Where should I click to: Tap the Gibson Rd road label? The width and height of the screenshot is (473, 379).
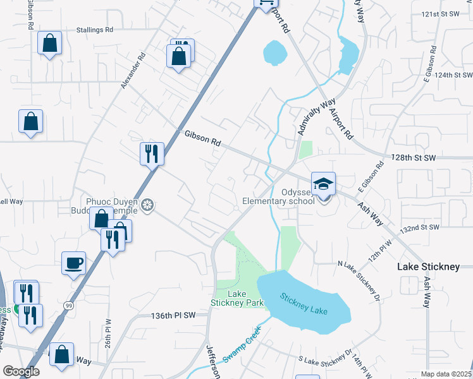tap(202, 138)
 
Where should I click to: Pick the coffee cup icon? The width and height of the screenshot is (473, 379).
tap(73, 262)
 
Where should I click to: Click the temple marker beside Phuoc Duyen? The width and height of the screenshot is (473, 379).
tap(148, 205)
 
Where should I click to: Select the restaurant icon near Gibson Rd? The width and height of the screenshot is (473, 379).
tap(152, 153)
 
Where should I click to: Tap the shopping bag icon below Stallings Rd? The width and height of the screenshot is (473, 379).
tap(49, 44)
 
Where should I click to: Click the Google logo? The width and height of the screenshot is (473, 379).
tap(21, 371)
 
